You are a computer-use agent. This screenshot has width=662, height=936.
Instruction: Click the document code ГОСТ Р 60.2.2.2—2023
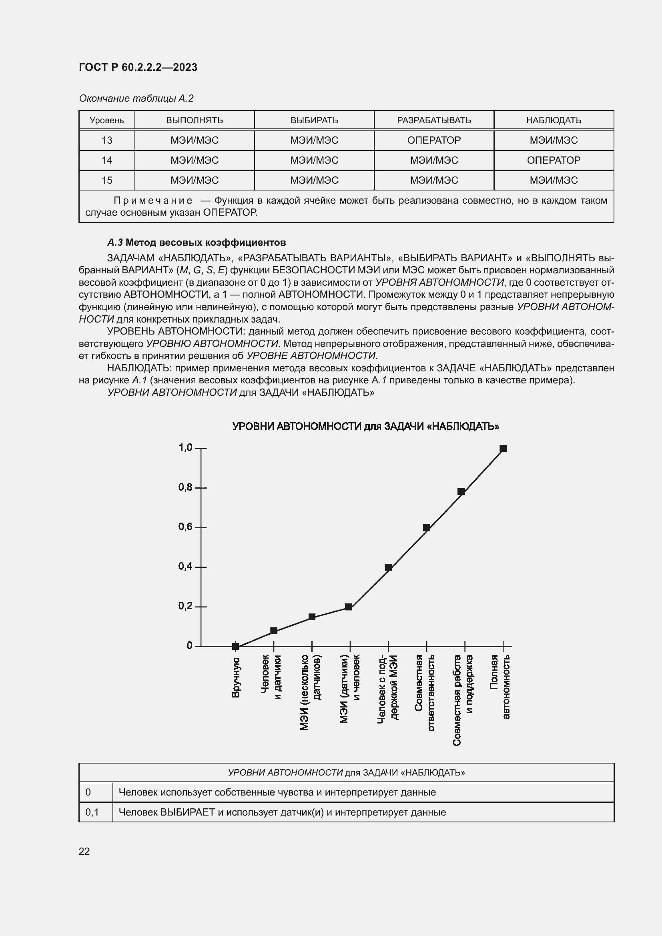coord(138,67)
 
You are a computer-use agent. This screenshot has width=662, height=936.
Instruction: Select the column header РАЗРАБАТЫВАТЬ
coord(434,120)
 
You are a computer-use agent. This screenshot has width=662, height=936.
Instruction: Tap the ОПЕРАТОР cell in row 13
coord(434,140)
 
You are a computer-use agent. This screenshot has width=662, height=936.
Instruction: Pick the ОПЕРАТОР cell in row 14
coord(553,160)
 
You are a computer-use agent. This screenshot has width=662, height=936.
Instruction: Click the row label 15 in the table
coord(107,180)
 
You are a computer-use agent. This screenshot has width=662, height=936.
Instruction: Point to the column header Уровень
coord(107,120)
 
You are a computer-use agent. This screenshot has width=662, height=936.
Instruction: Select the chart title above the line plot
coord(366,427)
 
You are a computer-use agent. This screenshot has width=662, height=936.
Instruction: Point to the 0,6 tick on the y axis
coord(185,527)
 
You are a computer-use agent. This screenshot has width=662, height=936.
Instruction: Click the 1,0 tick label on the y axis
coord(185,448)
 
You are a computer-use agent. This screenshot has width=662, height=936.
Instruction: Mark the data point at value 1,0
coord(503,449)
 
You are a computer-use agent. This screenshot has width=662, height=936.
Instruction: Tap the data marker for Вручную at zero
coord(236,646)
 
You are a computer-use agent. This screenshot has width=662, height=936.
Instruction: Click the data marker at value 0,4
coord(389,567)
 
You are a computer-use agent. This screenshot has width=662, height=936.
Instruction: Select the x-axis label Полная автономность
coord(500,687)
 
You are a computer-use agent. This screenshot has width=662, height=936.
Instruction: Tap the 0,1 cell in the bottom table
coord(92,812)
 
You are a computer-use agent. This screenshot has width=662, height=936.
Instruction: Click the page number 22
coord(84,851)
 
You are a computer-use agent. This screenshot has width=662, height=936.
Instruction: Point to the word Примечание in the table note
coord(153,200)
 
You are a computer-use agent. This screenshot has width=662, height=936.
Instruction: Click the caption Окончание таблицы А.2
coord(136,98)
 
